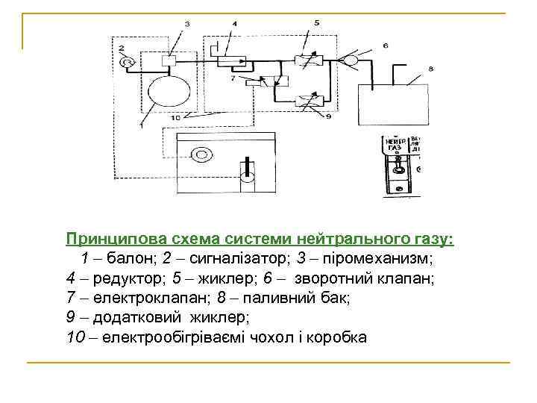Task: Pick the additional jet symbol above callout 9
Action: click(306, 99)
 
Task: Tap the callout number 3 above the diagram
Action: click(186, 24)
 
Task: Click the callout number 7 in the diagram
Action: click(233, 77)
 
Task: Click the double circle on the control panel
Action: click(200, 155)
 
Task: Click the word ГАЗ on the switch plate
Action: click(393, 149)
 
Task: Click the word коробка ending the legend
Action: click(342, 337)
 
